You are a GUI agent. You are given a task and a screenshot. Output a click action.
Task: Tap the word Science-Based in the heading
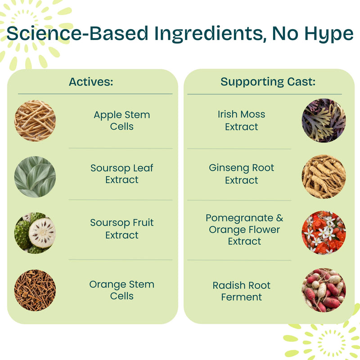77,33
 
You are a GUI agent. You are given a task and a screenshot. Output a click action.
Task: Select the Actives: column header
91,82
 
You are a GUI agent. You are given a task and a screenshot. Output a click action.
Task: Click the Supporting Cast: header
268,82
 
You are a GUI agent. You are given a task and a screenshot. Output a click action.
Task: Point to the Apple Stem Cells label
121,120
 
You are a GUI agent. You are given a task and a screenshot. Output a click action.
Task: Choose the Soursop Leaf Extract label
121,174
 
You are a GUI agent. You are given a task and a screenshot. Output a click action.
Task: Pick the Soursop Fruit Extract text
121,229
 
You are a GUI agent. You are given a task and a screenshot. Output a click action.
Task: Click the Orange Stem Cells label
121,290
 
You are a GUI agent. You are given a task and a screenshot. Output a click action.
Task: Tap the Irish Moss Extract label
241,120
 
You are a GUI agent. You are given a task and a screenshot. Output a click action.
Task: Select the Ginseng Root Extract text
241,174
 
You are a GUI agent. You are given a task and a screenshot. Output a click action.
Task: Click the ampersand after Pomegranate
279,218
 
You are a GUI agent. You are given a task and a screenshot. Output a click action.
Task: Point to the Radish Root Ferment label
241,291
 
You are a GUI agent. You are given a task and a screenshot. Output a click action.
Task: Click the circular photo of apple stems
35,121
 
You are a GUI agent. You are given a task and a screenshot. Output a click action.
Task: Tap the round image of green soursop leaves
35,177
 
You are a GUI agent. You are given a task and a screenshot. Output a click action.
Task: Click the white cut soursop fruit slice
42,233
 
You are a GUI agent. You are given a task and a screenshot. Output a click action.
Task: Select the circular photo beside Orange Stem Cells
35,290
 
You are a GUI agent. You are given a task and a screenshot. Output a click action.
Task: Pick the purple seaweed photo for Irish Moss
324,120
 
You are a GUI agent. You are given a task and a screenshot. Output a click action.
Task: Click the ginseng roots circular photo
324,176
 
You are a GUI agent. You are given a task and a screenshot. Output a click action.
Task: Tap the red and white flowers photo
324,232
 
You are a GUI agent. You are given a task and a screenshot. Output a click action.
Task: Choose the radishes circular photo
324,290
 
